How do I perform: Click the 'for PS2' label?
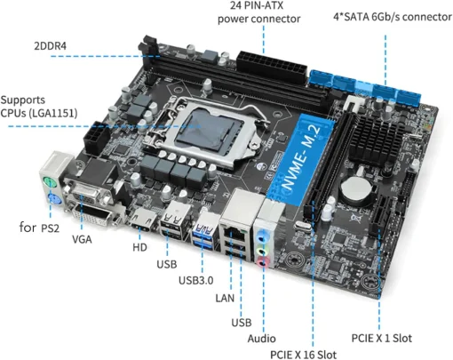41,228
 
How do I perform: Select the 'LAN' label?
224,298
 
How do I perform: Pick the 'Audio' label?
262,338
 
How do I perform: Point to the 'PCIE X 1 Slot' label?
381,338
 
